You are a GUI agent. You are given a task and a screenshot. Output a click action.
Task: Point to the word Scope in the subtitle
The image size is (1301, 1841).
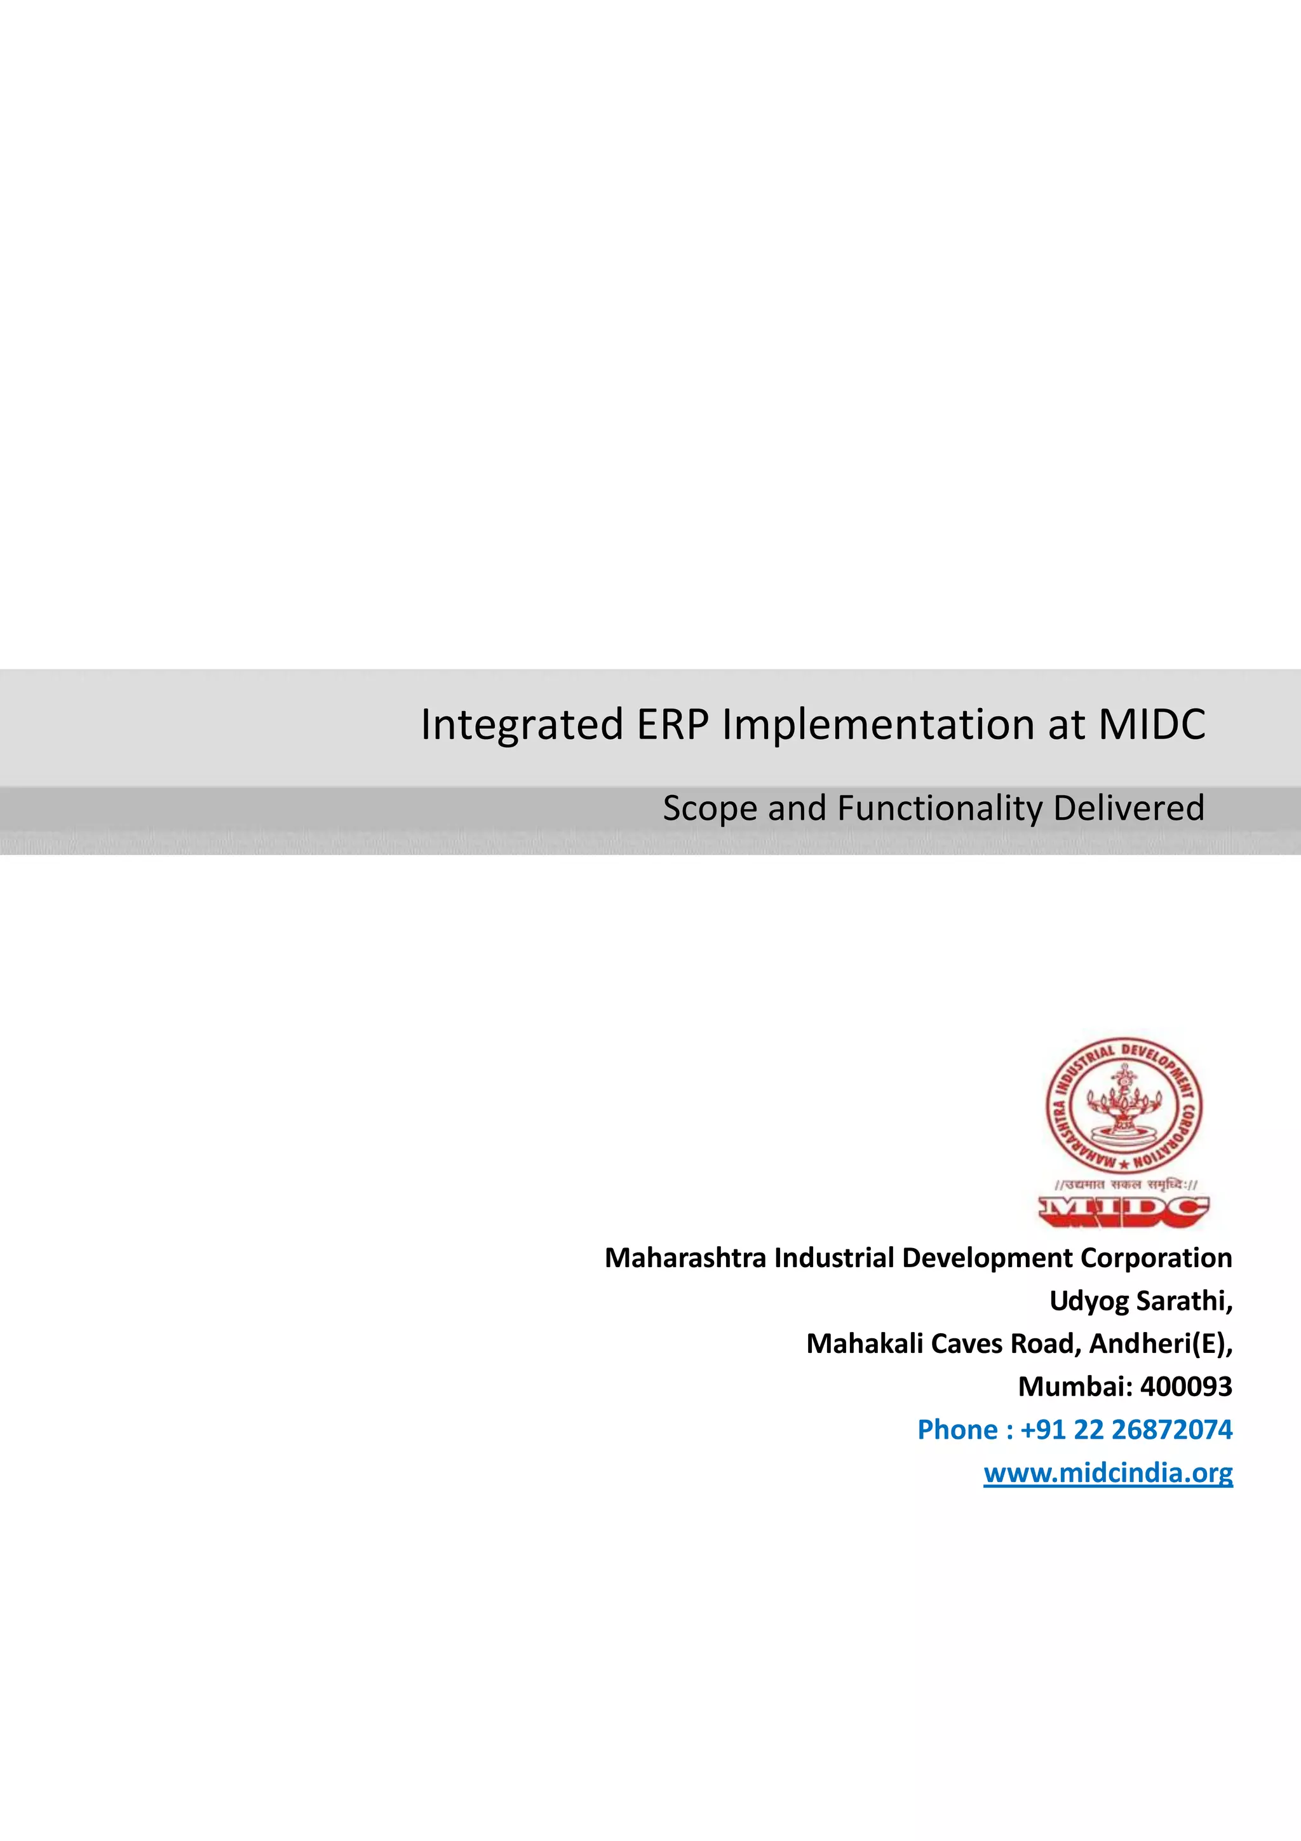[711, 808]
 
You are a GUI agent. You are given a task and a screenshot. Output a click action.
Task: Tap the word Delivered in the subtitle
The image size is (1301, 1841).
[1129, 808]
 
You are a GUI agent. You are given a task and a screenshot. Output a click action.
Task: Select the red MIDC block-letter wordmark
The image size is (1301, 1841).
[1124, 1211]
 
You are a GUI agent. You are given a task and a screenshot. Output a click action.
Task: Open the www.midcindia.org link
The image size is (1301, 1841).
[1108, 1473]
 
